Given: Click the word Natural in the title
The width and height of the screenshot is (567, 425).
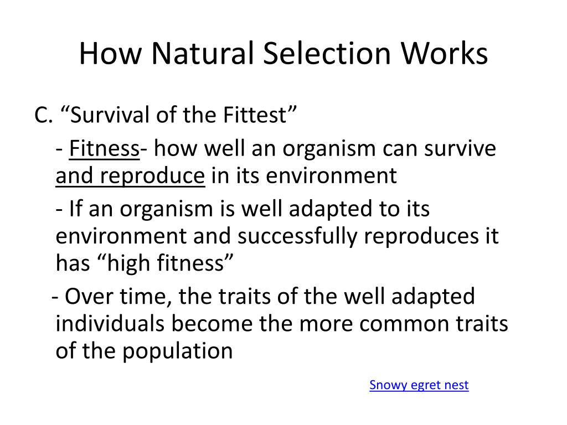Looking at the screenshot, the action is (x=203, y=53).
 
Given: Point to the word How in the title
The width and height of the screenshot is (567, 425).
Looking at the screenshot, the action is (x=111, y=53).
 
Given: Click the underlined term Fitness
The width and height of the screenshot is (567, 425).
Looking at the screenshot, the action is (x=104, y=148).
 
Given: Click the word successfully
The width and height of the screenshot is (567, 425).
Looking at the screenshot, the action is (x=297, y=236).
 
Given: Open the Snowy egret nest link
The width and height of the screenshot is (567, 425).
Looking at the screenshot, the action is (x=419, y=385).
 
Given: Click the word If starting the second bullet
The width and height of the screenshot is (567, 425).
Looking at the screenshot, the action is (x=75, y=209).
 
